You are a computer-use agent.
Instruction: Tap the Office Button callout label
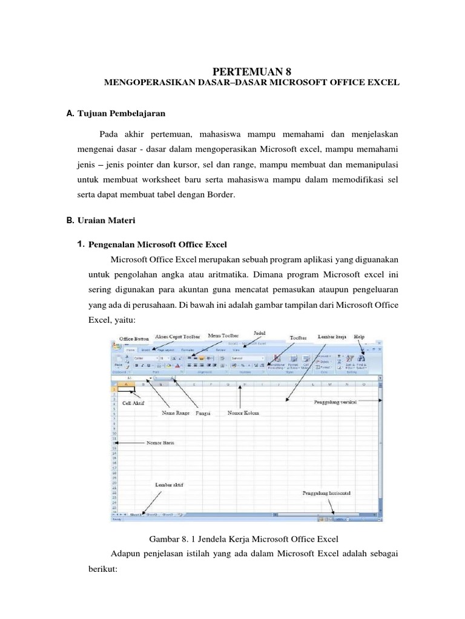(133, 339)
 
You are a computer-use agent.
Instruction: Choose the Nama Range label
(176, 413)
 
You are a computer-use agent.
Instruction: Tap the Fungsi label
(202, 413)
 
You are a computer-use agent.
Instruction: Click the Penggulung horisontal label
(328, 493)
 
